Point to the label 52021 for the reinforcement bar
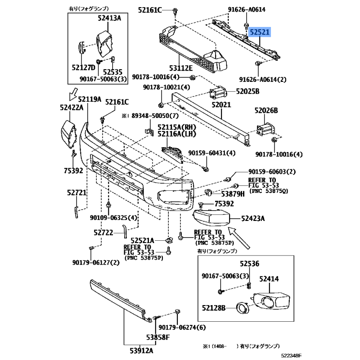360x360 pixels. pyautogui.click(x=221, y=104)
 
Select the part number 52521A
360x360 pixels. pyautogui.click(x=142, y=240)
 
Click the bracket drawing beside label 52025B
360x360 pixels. pyautogui.click(x=218, y=93)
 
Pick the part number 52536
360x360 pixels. pyautogui.click(x=250, y=265)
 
